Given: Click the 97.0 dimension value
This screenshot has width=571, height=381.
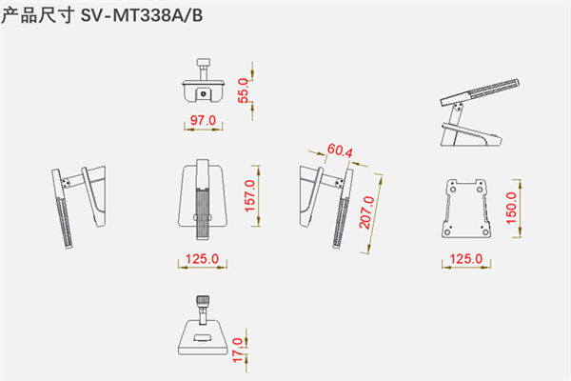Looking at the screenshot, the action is (x=204, y=120).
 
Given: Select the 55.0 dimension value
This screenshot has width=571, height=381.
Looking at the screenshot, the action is (x=244, y=90).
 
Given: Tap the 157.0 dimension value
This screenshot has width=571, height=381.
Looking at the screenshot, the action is (x=249, y=196).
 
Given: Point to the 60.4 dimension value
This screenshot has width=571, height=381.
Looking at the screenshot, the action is (x=340, y=150).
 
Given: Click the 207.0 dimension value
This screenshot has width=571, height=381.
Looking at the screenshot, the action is (x=366, y=212).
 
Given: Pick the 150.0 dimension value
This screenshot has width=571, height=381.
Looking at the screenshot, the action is (x=511, y=209).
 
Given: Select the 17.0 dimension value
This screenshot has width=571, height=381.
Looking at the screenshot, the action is (x=237, y=351).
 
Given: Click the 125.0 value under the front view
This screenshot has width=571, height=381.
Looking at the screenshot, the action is (x=202, y=259).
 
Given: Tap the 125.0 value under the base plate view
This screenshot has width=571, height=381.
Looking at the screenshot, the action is (x=465, y=259).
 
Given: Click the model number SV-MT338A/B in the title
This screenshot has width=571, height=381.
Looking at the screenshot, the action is (x=142, y=15).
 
